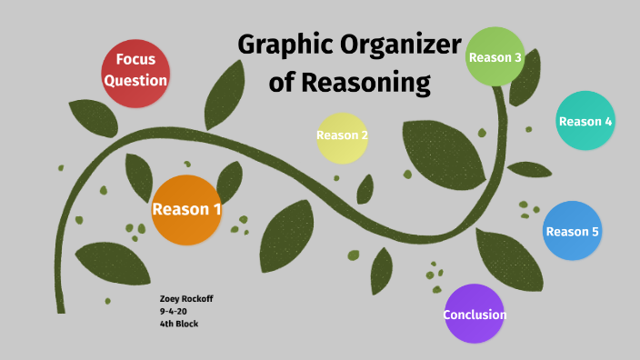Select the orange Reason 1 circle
[186, 210]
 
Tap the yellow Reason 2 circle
[342, 137]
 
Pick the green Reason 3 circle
[495, 56]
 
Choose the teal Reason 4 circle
[585, 121]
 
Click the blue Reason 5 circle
[573, 231]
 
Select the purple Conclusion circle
[475, 315]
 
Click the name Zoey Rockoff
[186, 300]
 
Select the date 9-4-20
[173, 312]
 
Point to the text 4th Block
[178, 324]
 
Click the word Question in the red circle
[135, 81]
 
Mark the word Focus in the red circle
[135, 60]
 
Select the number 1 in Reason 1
[216, 210]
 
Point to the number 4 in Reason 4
[608, 122]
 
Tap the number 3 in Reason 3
[517, 57]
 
